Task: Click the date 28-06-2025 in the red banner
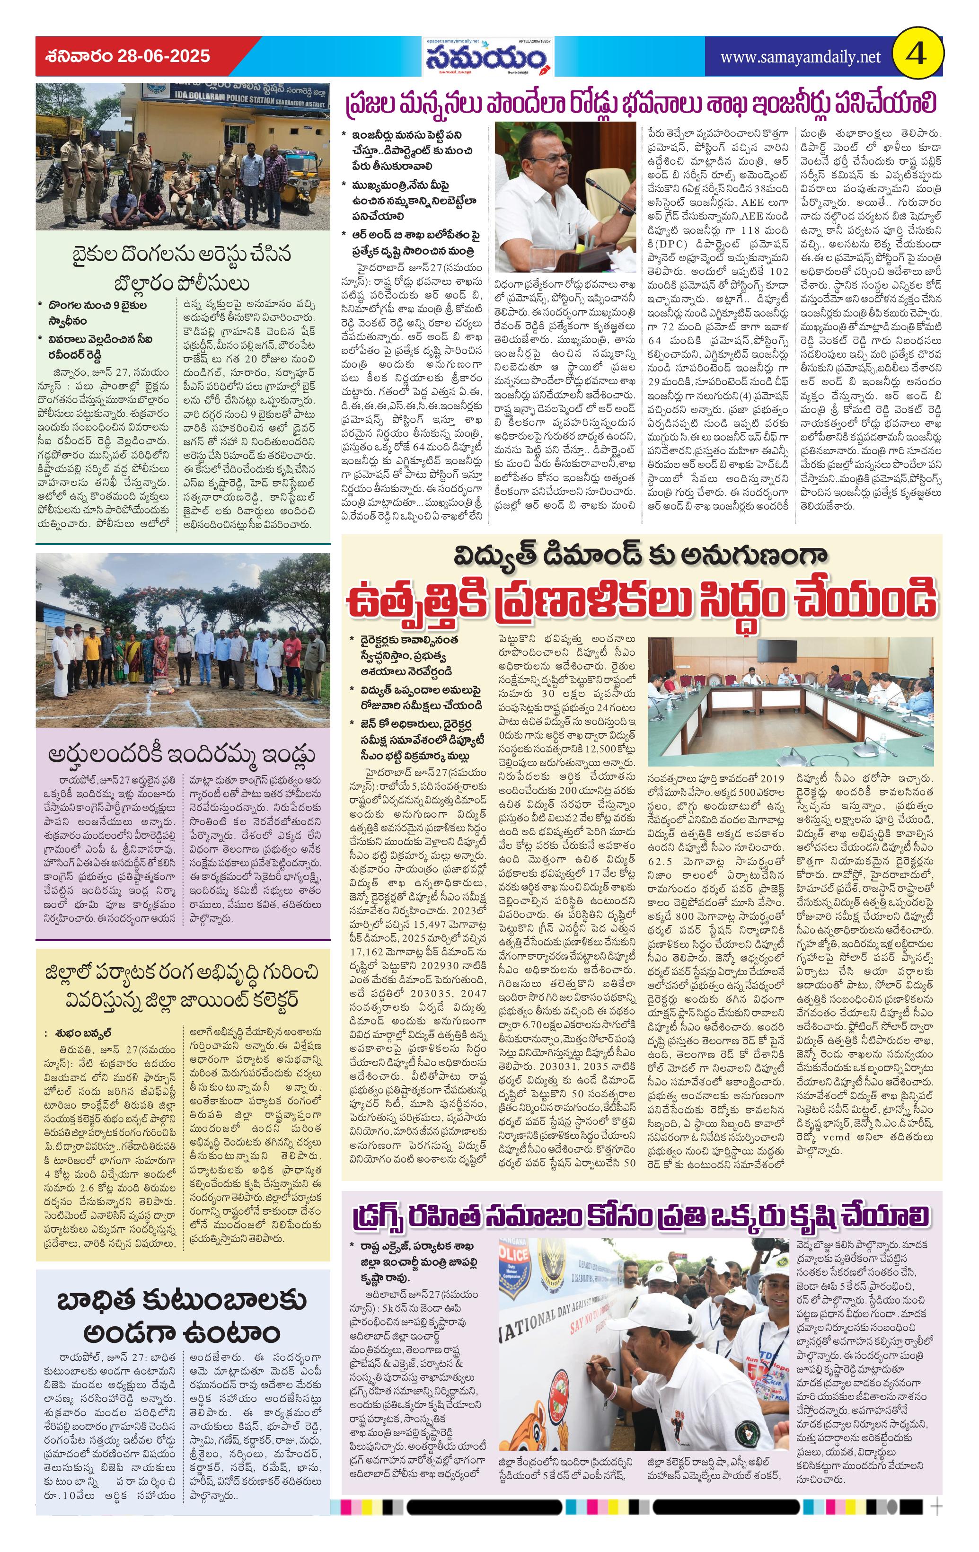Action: point(164,56)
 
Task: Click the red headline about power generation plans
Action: point(641,598)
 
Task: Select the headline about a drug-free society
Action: point(641,1216)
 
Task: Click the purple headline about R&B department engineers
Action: point(641,103)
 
